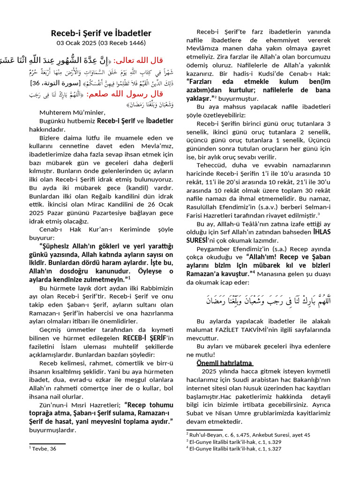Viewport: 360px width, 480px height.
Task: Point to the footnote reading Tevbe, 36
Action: pos(44,449)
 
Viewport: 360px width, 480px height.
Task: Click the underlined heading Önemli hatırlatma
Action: pos(225,363)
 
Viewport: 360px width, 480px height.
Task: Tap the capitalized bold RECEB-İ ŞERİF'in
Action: pos(148,338)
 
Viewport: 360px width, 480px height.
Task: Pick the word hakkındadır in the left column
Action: pos(47,129)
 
